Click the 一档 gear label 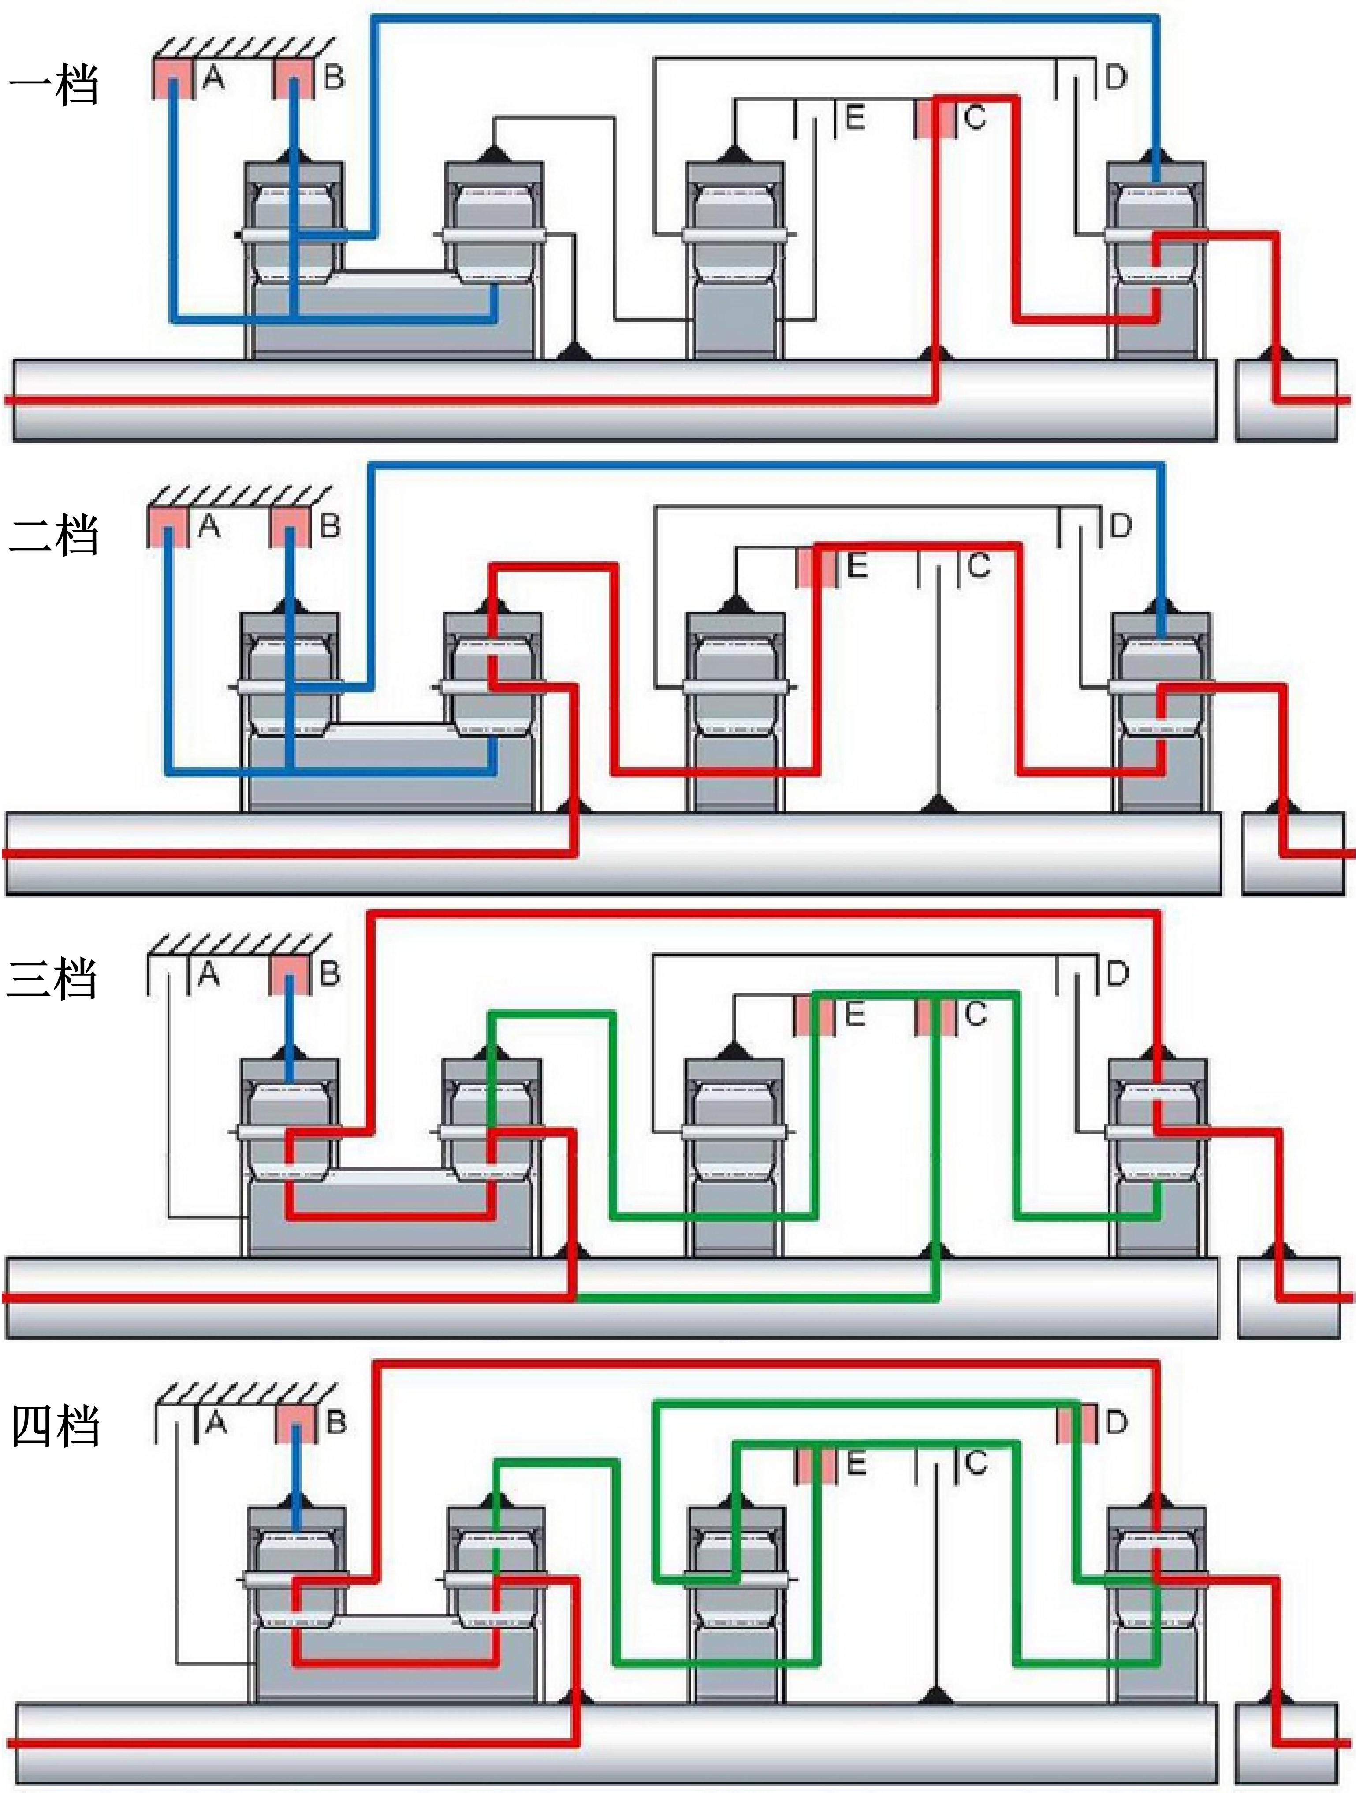click(x=53, y=85)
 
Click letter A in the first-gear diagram click(x=213, y=77)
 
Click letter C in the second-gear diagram click(x=979, y=565)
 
